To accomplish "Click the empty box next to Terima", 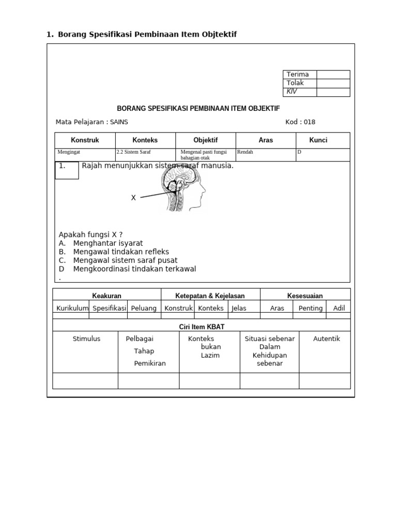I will [x=333, y=75].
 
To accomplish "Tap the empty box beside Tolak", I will [x=333, y=83].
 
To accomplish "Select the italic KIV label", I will [x=292, y=92].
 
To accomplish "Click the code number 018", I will [x=309, y=122].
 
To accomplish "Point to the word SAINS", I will [x=119, y=122].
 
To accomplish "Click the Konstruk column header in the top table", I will [x=85, y=140].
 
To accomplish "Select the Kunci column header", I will [x=318, y=140].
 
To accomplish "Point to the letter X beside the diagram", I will [x=133, y=198].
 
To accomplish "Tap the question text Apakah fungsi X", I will [x=90, y=234].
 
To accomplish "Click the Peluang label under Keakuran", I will [x=144, y=308].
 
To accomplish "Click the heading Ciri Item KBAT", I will [x=201, y=326].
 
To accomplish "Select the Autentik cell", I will [x=327, y=339].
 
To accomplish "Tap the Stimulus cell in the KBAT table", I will [x=86, y=339].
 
